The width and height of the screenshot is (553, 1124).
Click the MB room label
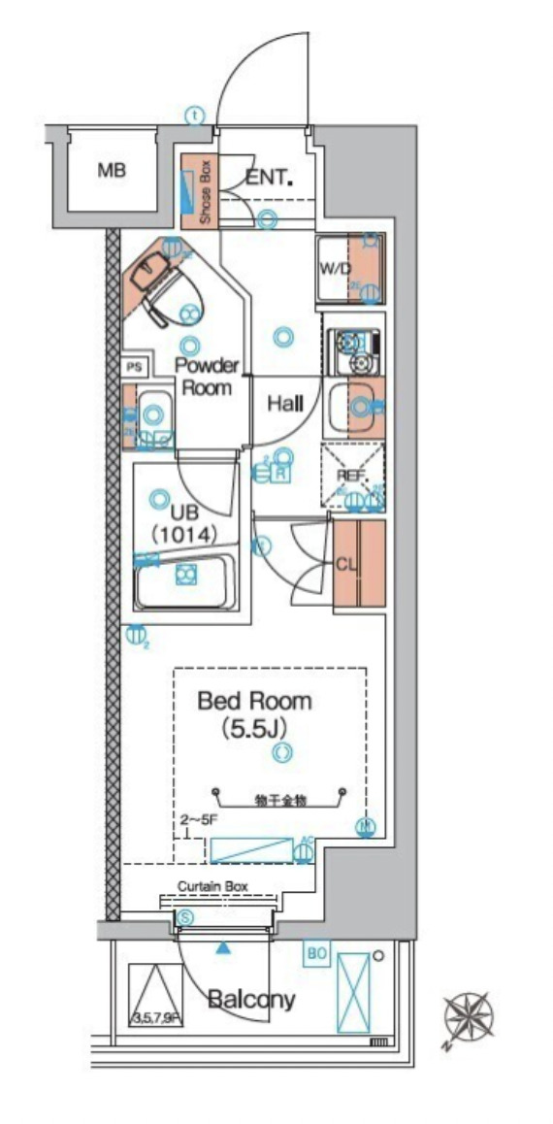pyautogui.click(x=112, y=172)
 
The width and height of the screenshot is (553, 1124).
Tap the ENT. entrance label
pyautogui.click(x=269, y=177)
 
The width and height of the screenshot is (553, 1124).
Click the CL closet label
pyautogui.click(x=348, y=563)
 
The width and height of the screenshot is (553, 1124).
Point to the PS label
pyautogui.click(x=134, y=368)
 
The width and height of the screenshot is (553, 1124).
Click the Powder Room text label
pyautogui.click(x=206, y=377)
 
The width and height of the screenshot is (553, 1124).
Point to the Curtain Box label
pyautogui.click(x=213, y=886)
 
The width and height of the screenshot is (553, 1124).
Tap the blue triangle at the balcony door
pyautogui.click(x=224, y=946)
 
